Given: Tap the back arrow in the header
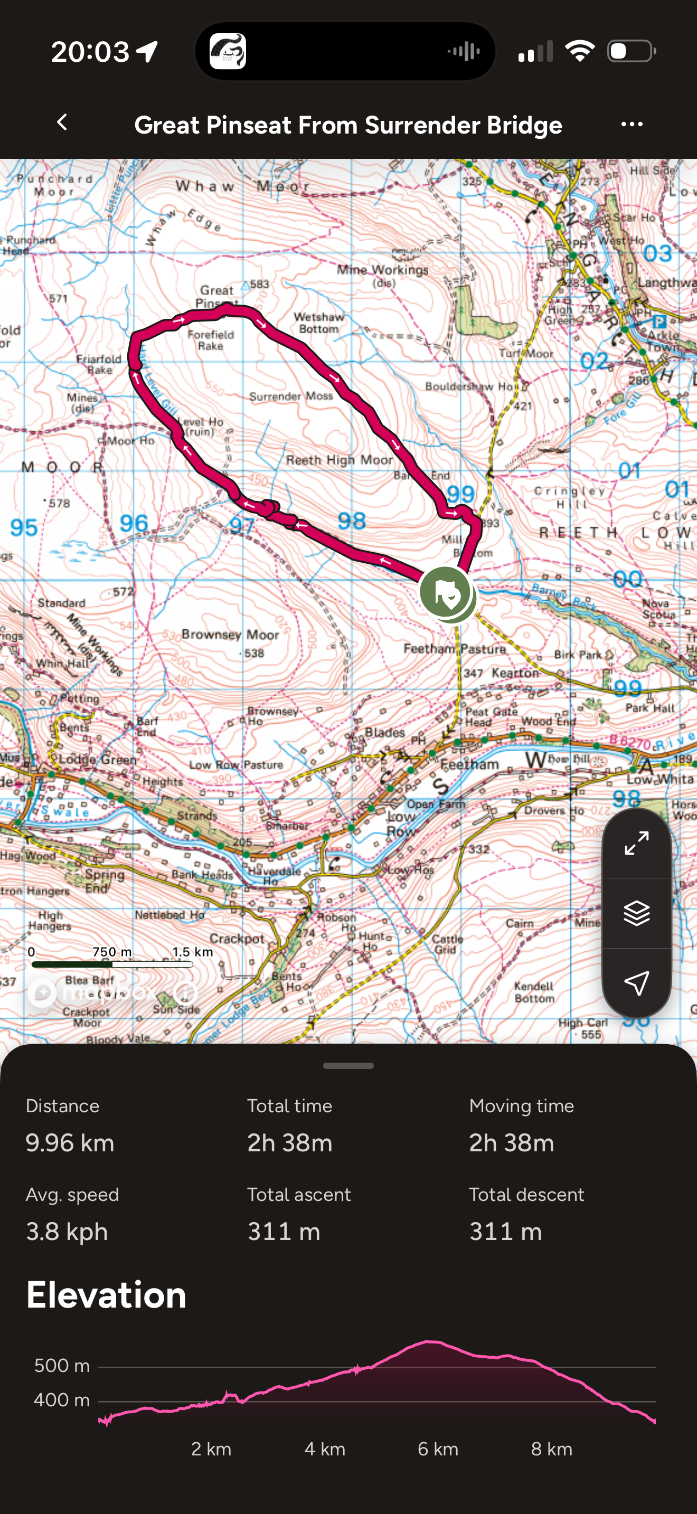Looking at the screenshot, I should pos(62,123).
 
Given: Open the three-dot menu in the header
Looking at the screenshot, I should pos(632,125).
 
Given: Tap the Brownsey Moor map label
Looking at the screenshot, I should pos(230,635).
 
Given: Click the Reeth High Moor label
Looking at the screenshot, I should pos(339,460).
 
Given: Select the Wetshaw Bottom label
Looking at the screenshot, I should pos(319,323).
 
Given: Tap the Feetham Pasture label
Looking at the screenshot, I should pos(454,649).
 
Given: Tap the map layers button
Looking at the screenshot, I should pos(636,913).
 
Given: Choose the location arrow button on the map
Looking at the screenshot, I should pos(636,983).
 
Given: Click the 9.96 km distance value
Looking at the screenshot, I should pos(70,1143).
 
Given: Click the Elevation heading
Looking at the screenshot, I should pos(106,1296).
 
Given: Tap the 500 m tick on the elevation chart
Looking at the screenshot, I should pos(62,1365).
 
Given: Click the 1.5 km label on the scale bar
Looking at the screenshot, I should pos(192,952).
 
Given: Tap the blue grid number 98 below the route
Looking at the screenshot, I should pos(352,521).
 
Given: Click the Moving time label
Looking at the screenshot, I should pos(521,1106).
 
